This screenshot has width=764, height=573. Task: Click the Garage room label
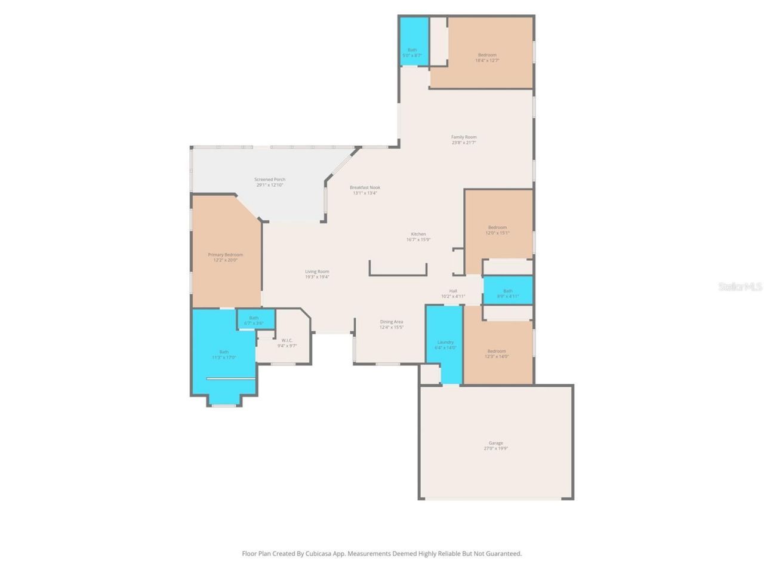(x=495, y=443)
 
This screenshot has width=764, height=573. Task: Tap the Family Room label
(x=464, y=137)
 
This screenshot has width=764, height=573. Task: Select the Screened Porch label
(x=270, y=179)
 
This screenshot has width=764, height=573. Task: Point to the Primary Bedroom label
(x=225, y=255)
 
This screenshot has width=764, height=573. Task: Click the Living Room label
(x=317, y=272)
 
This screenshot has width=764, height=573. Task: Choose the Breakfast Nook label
(x=365, y=187)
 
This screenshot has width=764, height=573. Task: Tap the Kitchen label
(x=418, y=234)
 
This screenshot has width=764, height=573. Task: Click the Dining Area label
(x=392, y=322)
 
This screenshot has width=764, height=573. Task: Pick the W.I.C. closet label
(x=286, y=341)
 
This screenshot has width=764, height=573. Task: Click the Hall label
(x=453, y=291)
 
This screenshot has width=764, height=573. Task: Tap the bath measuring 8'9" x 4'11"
(x=507, y=293)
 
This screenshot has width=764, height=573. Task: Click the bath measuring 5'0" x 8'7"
(x=412, y=53)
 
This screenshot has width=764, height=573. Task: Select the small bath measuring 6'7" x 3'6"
(x=254, y=320)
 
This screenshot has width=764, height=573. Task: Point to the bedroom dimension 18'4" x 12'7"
(x=487, y=60)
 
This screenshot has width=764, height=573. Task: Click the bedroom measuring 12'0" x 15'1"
(x=497, y=230)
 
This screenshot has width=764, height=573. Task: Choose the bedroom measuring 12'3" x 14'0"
(x=496, y=354)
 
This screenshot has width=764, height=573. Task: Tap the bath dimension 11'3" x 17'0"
(x=224, y=358)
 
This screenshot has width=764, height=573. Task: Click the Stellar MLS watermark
(x=740, y=287)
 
